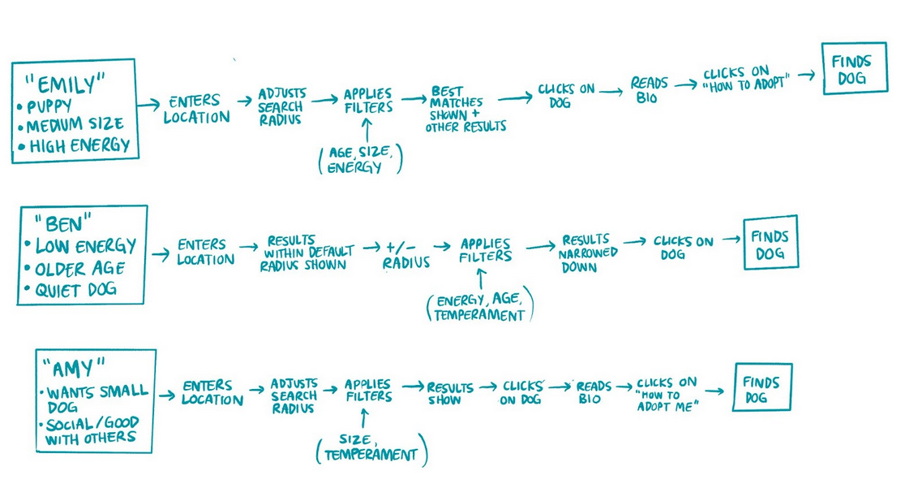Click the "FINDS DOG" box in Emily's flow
849,71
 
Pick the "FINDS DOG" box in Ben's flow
770,243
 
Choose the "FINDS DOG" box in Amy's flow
761,390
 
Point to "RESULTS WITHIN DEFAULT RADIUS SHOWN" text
305,253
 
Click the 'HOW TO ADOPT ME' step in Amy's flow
667,394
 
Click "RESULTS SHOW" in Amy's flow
444,394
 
